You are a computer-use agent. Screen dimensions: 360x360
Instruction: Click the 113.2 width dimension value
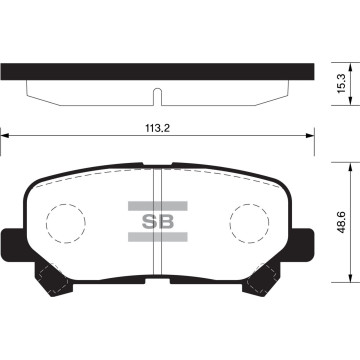(x=157, y=128)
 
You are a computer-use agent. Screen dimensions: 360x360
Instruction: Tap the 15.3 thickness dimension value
(x=342, y=84)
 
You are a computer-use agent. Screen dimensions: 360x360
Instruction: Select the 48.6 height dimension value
(x=342, y=222)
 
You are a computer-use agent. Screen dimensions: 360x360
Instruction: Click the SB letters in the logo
(x=158, y=221)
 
